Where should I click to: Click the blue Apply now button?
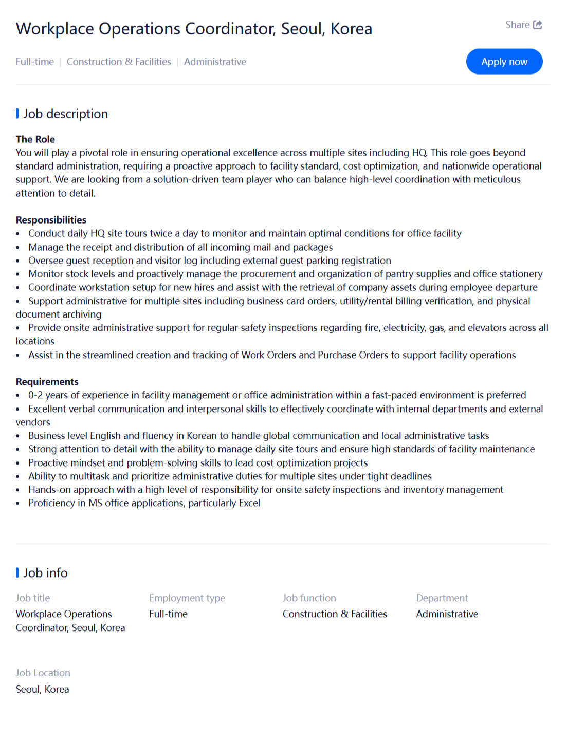[x=504, y=62]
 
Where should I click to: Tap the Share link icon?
[x=537, y=25]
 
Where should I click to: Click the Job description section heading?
[x=65, y=114]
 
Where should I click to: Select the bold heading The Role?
[x=35, y=139]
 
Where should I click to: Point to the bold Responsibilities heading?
[x=51, y=220]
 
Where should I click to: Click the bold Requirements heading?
[x=47, y=382]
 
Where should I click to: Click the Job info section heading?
[x=45, y=573]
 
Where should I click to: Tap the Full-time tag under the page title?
[x=34, y=62]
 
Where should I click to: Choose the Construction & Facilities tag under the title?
[x=119, y=62]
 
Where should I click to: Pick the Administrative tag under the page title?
[x=215, y=62]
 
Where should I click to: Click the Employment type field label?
[x=187, y=598]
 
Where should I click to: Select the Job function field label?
[x=309, y=598]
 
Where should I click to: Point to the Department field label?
[x=442, y=598]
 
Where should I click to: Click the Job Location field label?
[x=43, y=673]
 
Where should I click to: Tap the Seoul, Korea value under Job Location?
[x=42, y=690]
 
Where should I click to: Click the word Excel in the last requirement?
[x=249, y=503]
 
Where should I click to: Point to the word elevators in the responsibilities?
[x=468, y=328]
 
